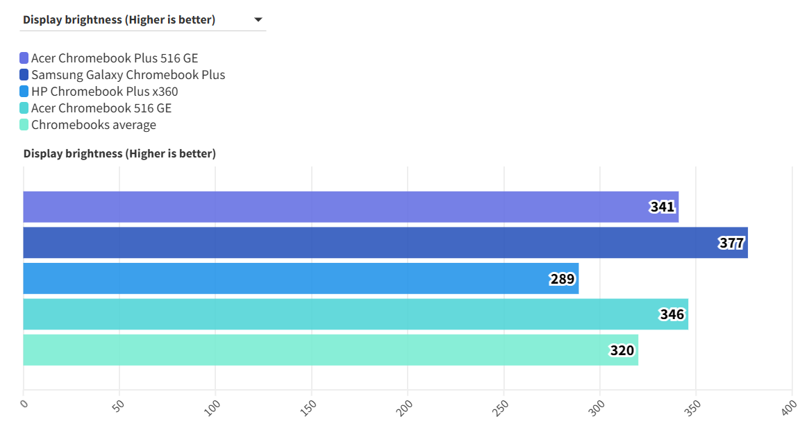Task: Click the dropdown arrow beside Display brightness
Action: tap(258, 20)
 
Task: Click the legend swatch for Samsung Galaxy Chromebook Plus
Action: tap(24, 75)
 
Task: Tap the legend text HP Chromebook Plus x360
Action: tap(104, 92)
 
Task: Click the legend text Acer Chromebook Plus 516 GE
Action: tap(114, 58)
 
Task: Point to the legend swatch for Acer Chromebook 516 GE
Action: tap(24, 108)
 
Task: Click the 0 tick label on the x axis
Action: tap(24, 403)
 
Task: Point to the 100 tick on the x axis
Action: tap(212, 406)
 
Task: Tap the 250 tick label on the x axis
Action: tap(501, 406)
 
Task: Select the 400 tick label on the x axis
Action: tap(789, 406)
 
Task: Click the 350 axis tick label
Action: tap(693, 406)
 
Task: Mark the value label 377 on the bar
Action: tap(731, 243)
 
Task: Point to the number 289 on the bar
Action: tap(562, 279)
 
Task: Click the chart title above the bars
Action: tap(119, 153)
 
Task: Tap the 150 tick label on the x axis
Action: tap(309, 406)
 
